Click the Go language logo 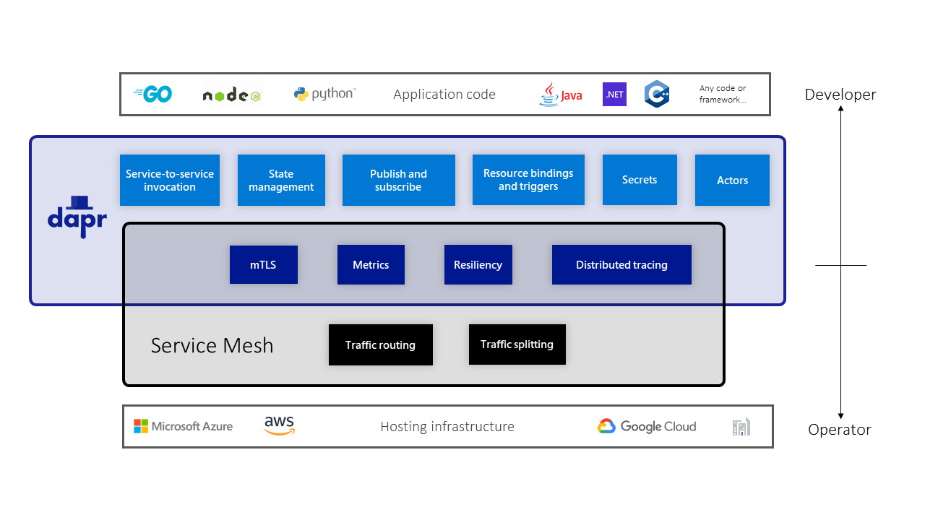153,94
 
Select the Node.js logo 231,95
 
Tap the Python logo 324,94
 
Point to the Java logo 560,94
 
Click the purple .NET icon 614,94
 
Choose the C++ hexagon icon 657,94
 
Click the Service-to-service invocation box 170,180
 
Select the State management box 281,180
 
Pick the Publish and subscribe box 398,180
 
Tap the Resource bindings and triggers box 528,179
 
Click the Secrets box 640,179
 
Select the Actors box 732,180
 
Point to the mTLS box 263,264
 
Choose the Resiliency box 478,264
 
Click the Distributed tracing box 621,264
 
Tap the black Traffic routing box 380,344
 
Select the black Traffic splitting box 517,344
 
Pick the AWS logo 279,425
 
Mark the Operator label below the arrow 839,430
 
